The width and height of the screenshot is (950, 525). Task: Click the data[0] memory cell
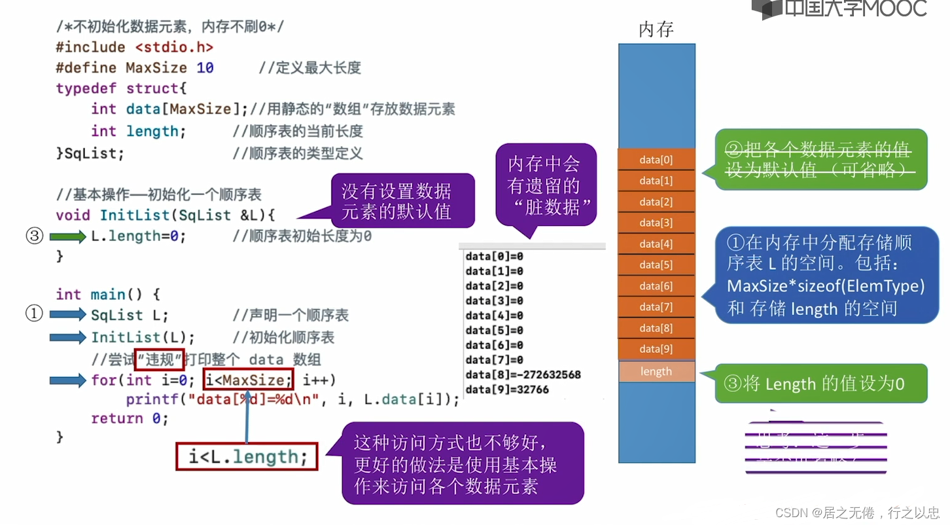tap(656, 160)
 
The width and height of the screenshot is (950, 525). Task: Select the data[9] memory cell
tap(656, 349)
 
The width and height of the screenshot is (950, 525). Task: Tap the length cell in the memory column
tap(656, 372)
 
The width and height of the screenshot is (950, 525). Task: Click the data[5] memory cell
tap(656, 265)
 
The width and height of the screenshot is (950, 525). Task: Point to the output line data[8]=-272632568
tap(523, 375)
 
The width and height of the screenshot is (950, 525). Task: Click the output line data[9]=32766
tap(507, 390)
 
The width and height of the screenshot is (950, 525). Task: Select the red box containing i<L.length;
tap(247, 457)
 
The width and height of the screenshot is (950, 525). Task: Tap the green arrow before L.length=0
tap(68, 236)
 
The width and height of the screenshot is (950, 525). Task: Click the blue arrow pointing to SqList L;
tap(68, 315)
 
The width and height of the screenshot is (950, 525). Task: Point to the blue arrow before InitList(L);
tap(68, 337)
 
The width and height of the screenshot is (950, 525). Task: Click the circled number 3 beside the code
tap(34, 236)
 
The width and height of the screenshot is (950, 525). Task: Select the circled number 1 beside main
tap(34, 314)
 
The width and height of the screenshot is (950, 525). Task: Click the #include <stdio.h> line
tap(134, 47)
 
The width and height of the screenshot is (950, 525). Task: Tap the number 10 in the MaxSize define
tap(205, 68)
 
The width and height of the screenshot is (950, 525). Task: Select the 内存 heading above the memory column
tap(656, 29)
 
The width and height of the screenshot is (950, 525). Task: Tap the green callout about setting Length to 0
tap(821, 384)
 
